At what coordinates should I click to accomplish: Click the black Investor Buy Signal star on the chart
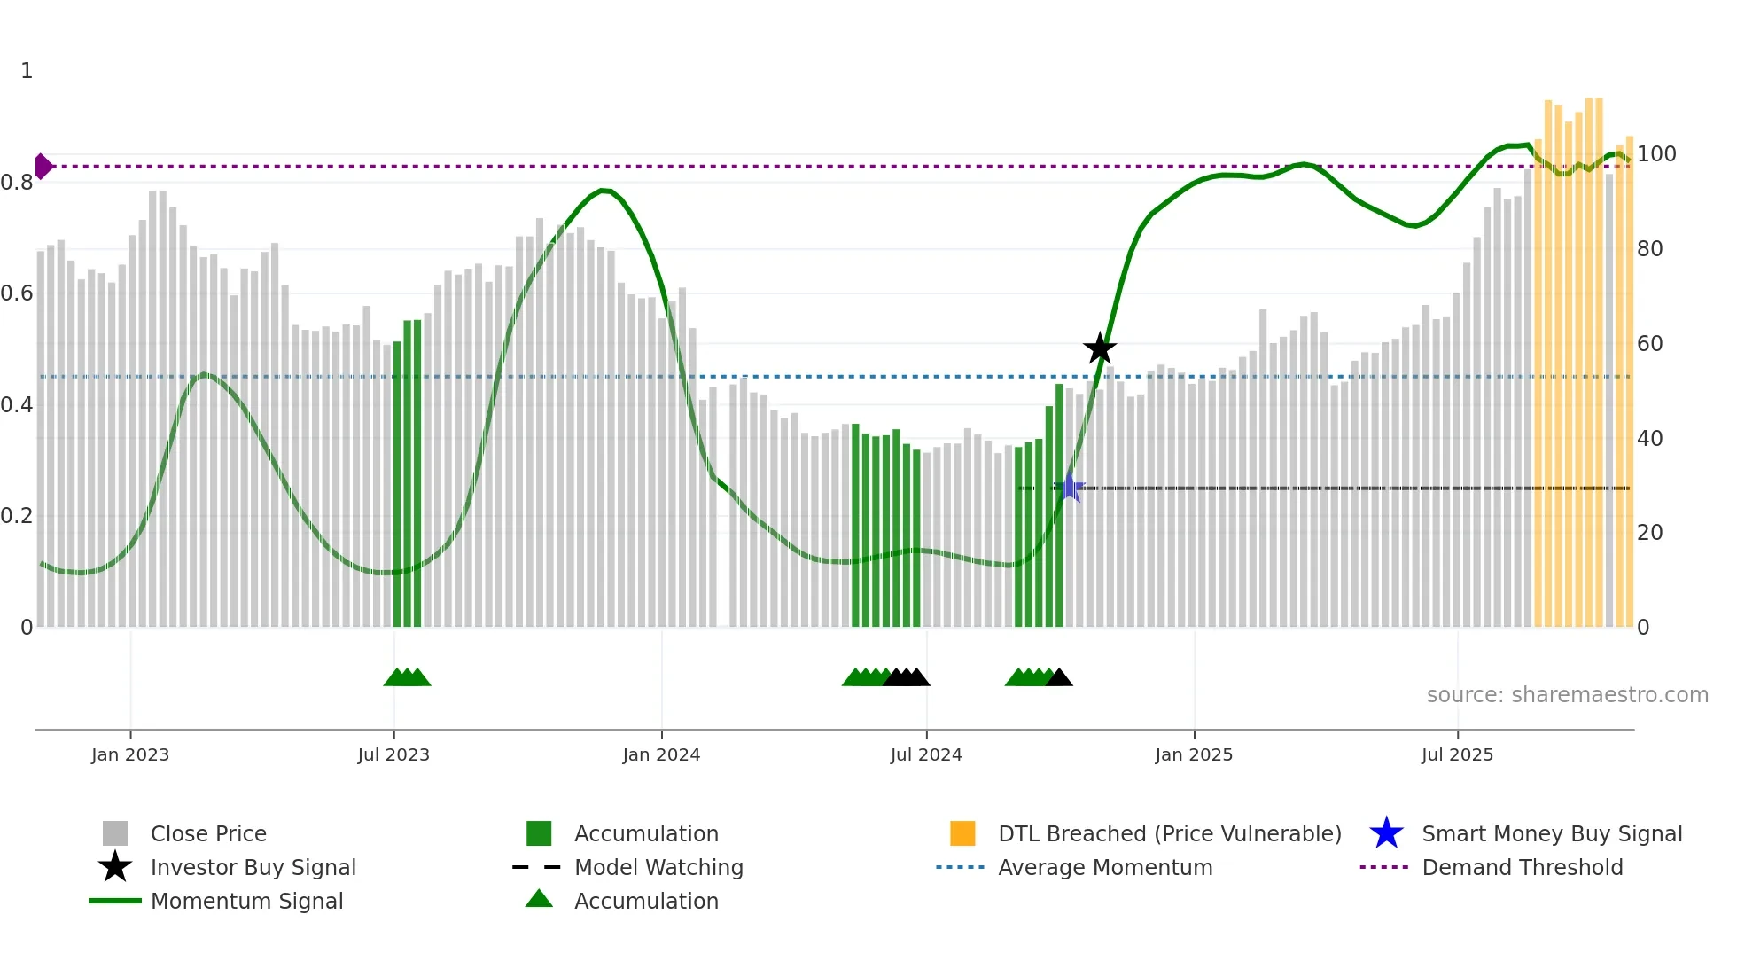pyautogui.click(x=1100, y=348)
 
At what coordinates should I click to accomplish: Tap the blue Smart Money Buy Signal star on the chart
pyautogui.click(x=1070, y=488)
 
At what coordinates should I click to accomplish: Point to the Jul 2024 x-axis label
pyautogui.click(x=926, y=754)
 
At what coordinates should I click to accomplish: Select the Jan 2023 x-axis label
pyautogui.click(x=130, y=754)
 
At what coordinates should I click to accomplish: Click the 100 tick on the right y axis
pyautogui.click(x=1655, y=154)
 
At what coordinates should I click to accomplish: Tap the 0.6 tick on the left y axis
pyautogui.click(x=17, y=293)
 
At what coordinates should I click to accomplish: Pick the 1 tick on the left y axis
pyautogui.click(x=27, y=71)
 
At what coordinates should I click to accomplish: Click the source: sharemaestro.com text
pyautogui.click(x=1567, y=695)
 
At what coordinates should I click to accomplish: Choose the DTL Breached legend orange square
pyautogui.click(x=962, y=833)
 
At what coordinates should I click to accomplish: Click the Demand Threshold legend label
pyautogui.click(x=1522, y=867)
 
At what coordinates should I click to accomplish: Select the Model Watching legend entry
pyautogui.click(x=658, y=867)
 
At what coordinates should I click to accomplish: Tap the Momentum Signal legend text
pyautogui.click(x=246, y=901)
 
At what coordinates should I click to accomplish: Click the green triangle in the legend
pyautogui.click(x=539, y=899)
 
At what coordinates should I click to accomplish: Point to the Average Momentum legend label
pyautogui.click(x=1105, y=867)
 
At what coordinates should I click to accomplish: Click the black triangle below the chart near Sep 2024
pyautogui.click(x=1059, y=678)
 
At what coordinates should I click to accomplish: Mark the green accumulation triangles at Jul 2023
pyautogui.click(x=407, y=677)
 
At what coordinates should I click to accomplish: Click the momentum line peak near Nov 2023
pyautogui.click(x=604, y=190)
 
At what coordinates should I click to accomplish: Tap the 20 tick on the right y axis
pyautogui.click(x=1649, y=533)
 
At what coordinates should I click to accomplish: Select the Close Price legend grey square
pyautogui.click(x=115, y=833)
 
